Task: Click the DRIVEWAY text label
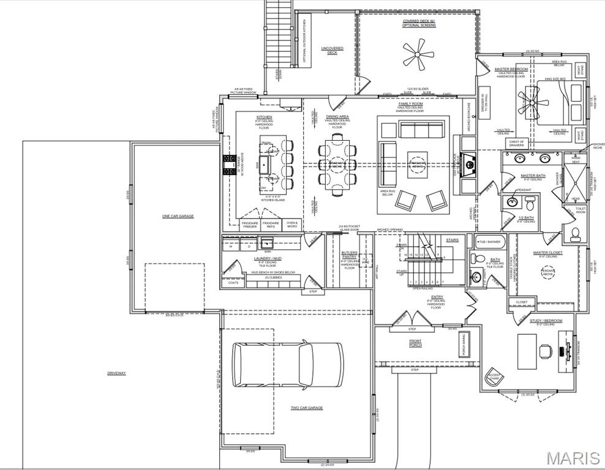pyautogui.click(x=116, y=373)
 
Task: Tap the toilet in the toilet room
pyautogui.click(x=575, y=233)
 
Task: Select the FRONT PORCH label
pyautogui.click(x=416, y=343)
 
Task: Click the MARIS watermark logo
pyautogui.click(x=573, y=458)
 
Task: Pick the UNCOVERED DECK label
pyautogui.click(x=332, y=51)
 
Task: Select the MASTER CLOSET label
pyautogui.click(x=548, y=253)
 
